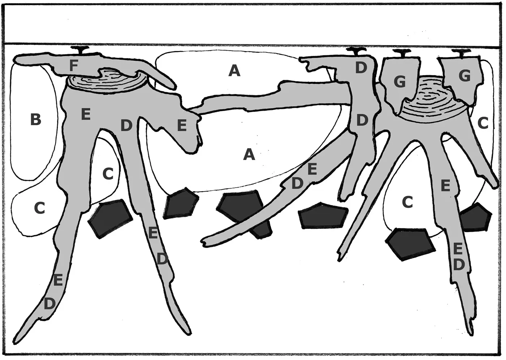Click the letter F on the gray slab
point(74,65)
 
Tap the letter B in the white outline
point(36,119)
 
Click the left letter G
point(400,82)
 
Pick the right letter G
point(465,75)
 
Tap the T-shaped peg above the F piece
point(80,50)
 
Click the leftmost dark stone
point(111,218)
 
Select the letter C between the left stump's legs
point(108,174)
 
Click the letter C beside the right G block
point(483,123)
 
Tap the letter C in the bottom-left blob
point(39,208)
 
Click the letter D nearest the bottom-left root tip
point(50,304)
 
